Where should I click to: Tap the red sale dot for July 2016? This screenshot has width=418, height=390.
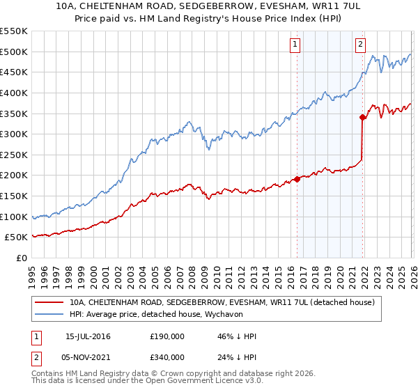click(x=297, y=179)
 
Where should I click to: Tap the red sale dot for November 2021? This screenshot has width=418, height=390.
click(x=362, y=117)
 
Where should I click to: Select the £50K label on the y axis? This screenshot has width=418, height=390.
click(x=18, y=237)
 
